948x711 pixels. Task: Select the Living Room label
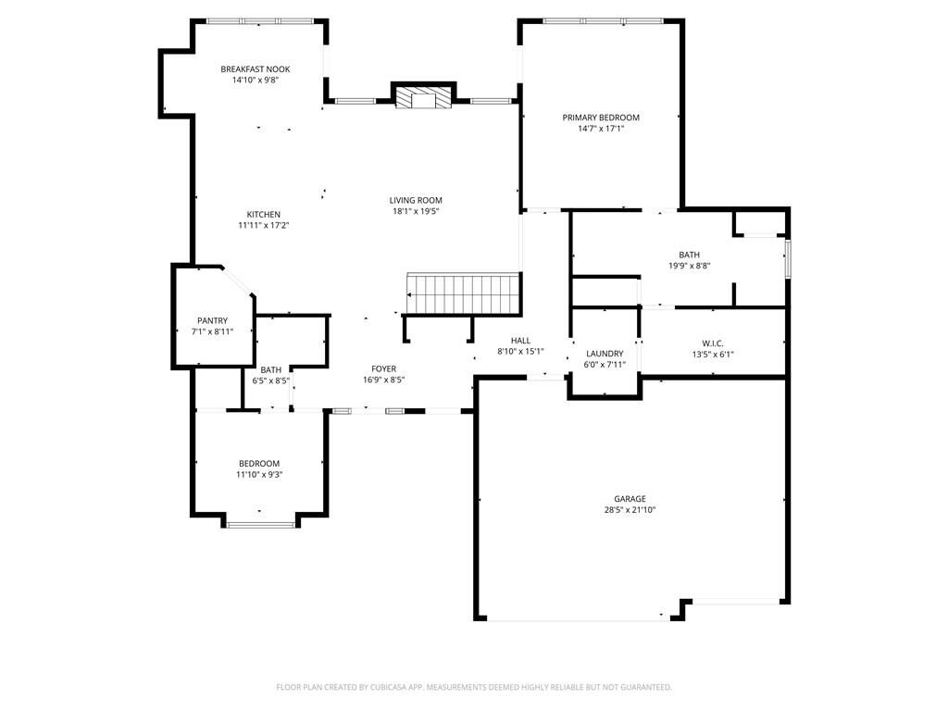pyautogui.click(x=416, y=200)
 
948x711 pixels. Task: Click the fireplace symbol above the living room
pyautogui.click(x=423, y=97)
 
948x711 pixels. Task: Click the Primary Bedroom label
pyautogui.click(x=601, y=118)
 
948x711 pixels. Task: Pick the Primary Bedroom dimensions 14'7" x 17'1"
pyautogui.click(x=601, y=129)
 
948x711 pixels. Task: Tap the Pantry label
pyautogui.click(x=212, y=320)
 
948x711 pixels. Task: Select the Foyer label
pyautogui.click(x=384, y=368)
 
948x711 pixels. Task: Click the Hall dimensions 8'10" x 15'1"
pyautogui.click(x=520, y=351)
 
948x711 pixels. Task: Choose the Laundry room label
pyautogui.click(x=605, y=354)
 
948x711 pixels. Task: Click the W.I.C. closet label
pyautogui.click(x=713, y=343)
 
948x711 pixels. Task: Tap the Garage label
pyautogui.click(x=630, y=498)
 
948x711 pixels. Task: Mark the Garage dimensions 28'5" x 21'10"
pyautogui.click(x=630, y=509)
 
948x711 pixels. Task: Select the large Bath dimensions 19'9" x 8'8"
pyautogui.click(x=689, y=266)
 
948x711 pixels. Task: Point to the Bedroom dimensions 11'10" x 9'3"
pyautogui.click(x=259, y=475)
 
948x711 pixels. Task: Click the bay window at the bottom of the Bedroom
pyautogui.click(x=260, y=525)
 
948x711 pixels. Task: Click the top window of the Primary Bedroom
pyautogui.click(x=603, y=20)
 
